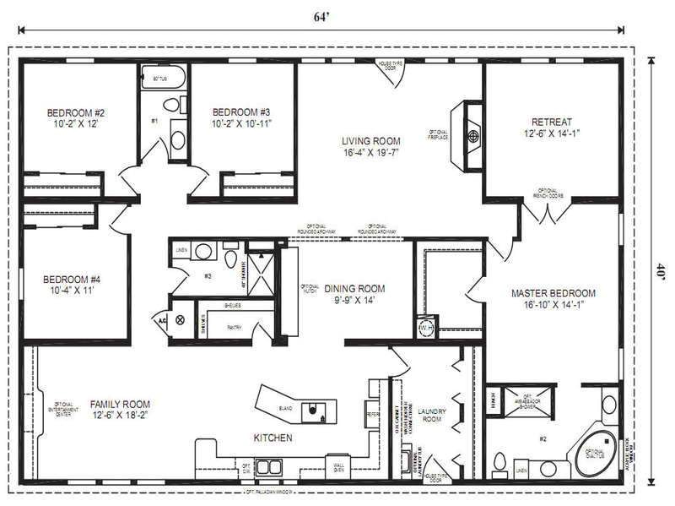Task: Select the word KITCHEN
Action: coord(273,438)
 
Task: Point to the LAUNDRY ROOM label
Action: coord(430,415)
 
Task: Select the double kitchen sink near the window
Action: coord(269,466)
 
